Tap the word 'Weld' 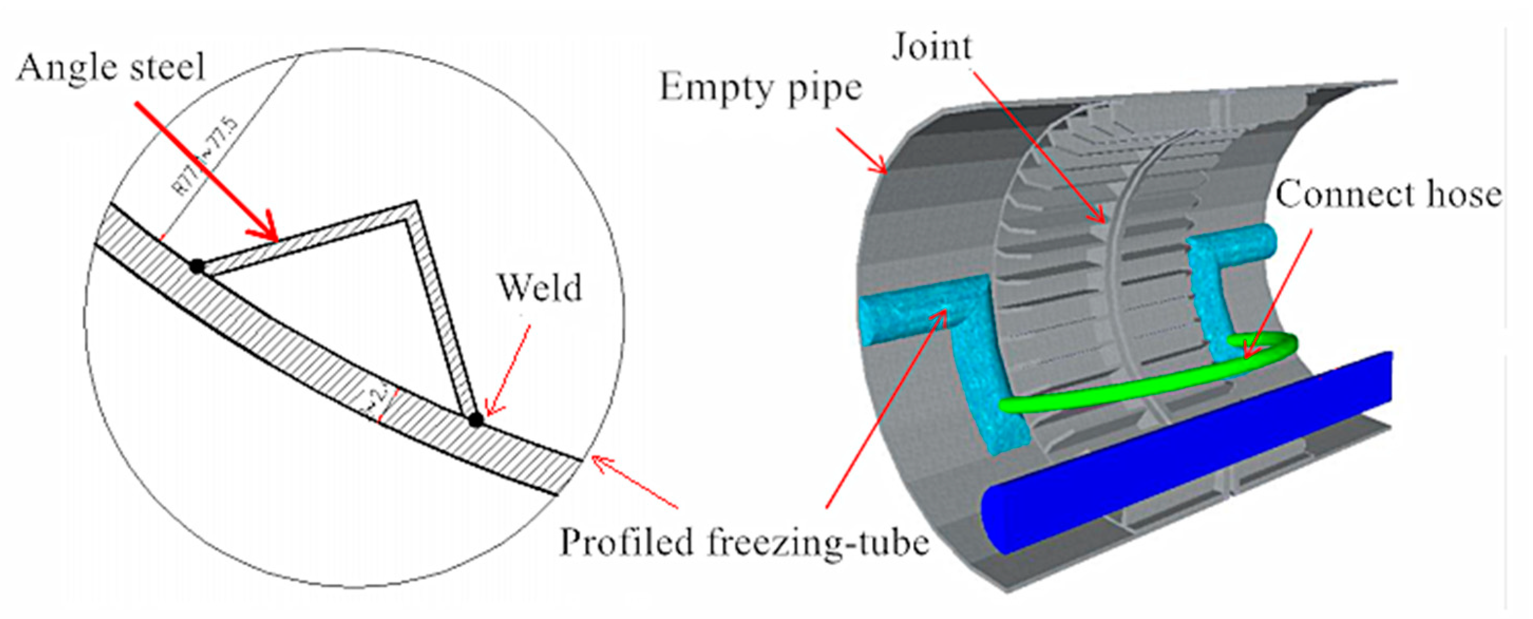[x=540, y=289]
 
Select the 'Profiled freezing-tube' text [x=745, y=543]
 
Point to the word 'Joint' [x=931, y=47]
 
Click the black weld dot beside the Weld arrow [x=475, y=420]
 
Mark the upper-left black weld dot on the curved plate [x=196, y=267]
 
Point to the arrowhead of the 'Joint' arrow [x=1100, y=217]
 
